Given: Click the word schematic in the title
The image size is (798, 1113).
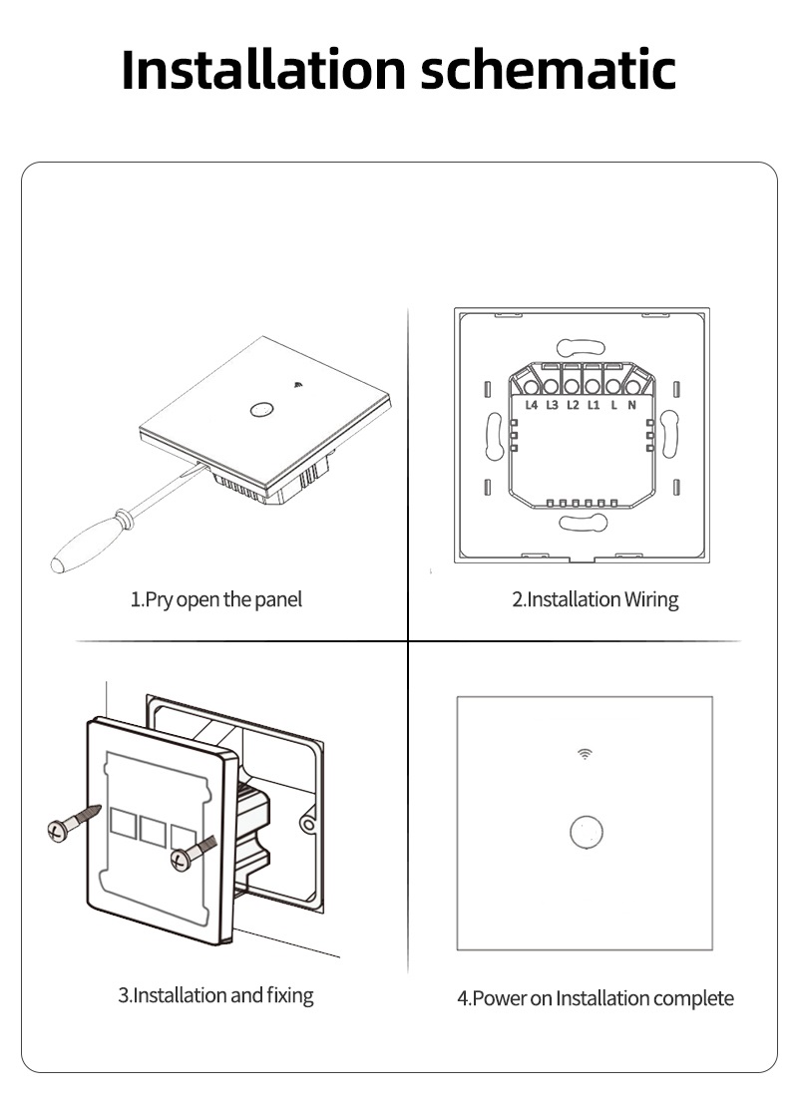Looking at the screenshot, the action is tap(548, 69).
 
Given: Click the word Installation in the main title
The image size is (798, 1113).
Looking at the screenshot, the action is tap(263, 69).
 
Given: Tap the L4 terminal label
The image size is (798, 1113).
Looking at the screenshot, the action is tap(531, 405).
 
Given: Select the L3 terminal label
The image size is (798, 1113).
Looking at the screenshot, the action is tap(552, 405).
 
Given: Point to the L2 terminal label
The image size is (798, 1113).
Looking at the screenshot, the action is tap(573, 405).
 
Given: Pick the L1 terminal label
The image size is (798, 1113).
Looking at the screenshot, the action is tap(593, 405).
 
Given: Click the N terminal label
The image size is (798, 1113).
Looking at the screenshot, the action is tap(631, 405).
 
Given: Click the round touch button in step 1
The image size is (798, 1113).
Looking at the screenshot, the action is tap(261, 410).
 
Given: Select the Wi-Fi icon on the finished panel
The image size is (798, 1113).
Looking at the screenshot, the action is tap(585, 754).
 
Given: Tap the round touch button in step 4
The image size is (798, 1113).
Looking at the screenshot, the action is tap(587, 832).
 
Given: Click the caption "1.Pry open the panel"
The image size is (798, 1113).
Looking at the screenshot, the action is tap(215, 599).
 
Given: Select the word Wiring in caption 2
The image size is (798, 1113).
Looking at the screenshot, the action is tap(651, 599).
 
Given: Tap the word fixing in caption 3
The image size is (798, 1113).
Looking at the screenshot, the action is tap(289, 995).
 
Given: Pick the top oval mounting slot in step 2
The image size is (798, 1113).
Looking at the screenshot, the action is tap(581, 347).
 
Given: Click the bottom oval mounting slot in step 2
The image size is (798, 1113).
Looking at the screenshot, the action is tap(583, 524).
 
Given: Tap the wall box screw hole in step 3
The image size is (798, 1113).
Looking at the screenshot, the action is tap(307, 824).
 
